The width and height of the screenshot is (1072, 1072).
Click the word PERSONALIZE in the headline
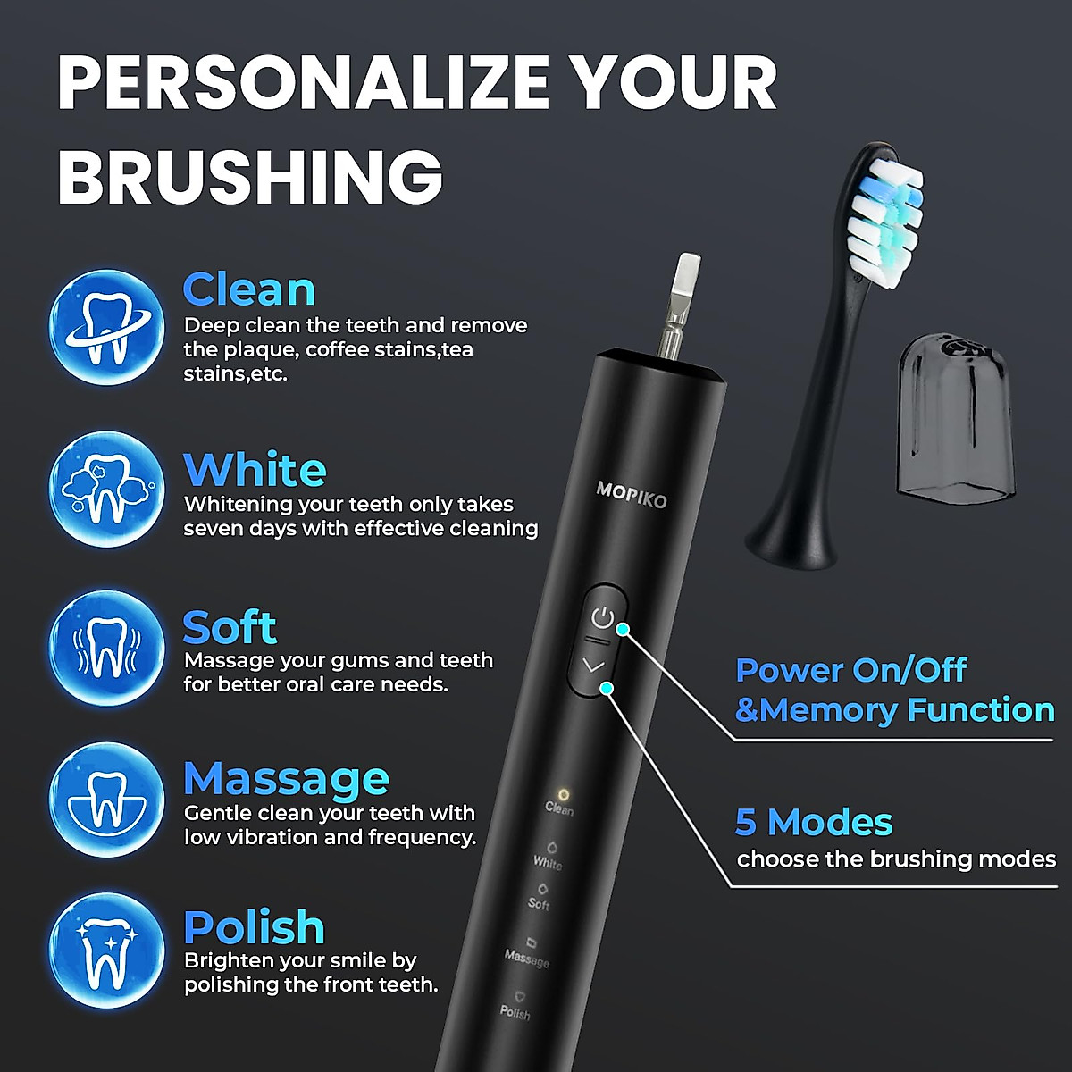[304, 84]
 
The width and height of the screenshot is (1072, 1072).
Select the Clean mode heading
[249, 289]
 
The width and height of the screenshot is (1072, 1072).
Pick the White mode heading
[255, 470]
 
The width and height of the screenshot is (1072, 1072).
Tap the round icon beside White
[106, 490]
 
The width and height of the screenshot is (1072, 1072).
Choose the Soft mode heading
[230, 627]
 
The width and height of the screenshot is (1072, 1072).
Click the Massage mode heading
[286, 779]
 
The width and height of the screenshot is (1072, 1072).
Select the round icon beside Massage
[106, 800]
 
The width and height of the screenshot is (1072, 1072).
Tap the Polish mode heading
[254, 927]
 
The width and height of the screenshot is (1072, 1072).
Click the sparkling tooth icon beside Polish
[106, 951]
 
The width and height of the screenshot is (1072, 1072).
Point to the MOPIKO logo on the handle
[631, 494]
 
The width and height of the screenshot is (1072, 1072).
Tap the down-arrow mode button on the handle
[593, 666]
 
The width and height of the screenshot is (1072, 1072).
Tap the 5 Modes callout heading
[814, 822]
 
